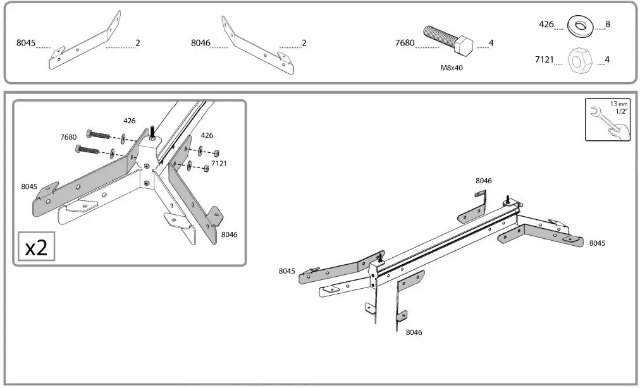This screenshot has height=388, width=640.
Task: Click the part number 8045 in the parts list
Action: pos(26,44)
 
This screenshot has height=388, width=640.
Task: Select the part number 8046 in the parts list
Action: pos(200,44)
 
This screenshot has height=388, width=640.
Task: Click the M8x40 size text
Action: pos(452,67)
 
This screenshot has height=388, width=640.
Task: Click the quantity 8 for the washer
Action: pos(607,25)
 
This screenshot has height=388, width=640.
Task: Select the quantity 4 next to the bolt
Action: pos(491,44)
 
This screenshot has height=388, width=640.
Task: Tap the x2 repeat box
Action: pos(36,247)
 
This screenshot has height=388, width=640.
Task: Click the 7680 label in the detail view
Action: pos(68,137)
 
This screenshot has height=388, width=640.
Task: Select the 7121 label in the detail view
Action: pos(219,164)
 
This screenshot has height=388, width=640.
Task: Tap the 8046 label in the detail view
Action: pos(229,234)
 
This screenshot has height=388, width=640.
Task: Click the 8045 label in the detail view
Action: pos(29,186)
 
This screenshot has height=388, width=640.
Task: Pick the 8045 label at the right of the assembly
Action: pos(597,243)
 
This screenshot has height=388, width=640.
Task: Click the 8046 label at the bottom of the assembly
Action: pos(414,332)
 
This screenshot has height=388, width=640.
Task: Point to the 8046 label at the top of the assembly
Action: pos(483,181)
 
